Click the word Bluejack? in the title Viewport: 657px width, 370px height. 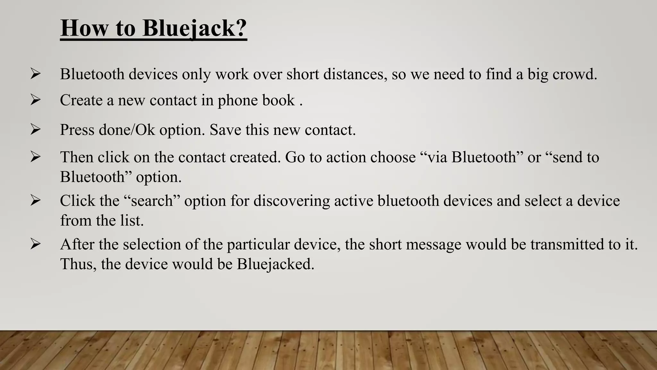(x=194, y=28)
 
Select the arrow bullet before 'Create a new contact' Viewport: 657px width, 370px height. (x=35, y=100)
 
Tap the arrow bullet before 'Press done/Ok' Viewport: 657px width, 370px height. (x=35, y=130)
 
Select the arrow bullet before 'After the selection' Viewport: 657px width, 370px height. (x=35, y=244)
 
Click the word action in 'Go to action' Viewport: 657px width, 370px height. (x=346, y=157)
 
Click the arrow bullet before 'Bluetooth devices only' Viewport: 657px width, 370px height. (x=35, y=74)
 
